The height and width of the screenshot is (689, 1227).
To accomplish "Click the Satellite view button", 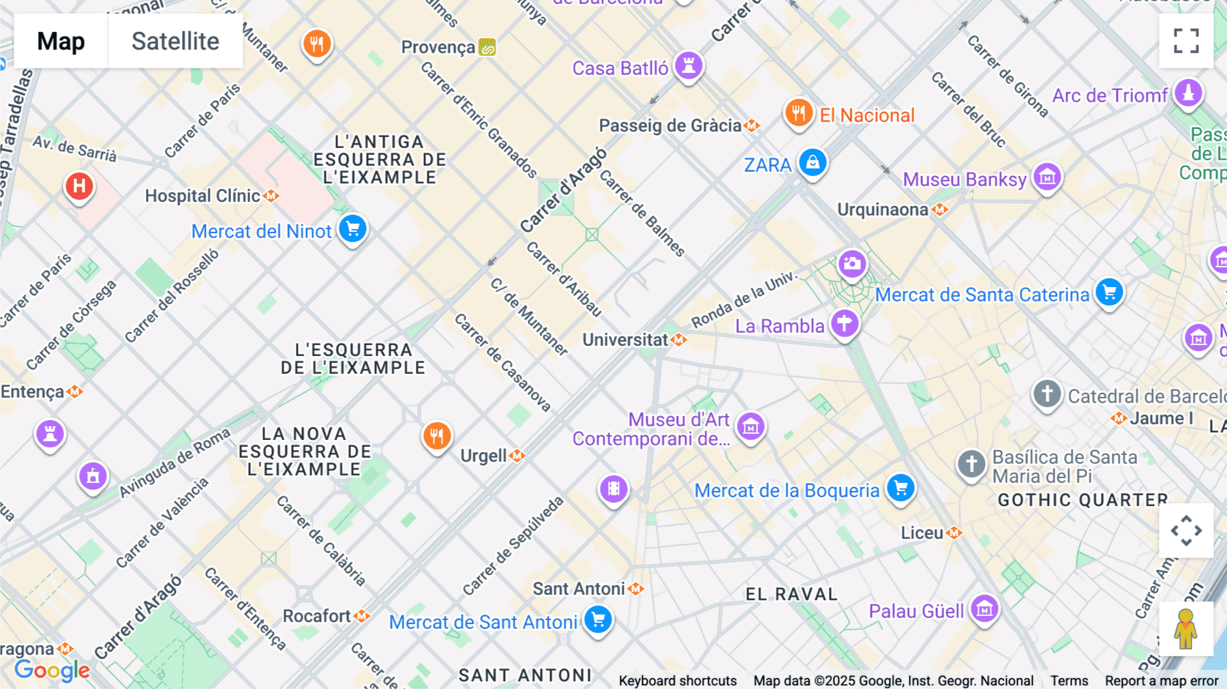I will [x=175, y=42].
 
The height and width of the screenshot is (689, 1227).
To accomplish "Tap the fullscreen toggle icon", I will [x=1186, y=41].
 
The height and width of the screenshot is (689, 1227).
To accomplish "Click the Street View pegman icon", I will [x=1186, y=629].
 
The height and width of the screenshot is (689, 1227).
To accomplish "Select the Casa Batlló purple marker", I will [x=688, y=66].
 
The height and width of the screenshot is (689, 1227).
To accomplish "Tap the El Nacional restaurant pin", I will [x=798, y=113].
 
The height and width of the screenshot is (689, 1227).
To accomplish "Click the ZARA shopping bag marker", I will [x=813, y=163].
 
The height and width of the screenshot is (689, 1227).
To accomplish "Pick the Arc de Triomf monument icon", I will [x=1188, y=93].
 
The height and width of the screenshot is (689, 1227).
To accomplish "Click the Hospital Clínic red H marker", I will [x=79, y=186].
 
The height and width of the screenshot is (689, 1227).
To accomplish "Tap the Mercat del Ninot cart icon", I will [x=352, y=229].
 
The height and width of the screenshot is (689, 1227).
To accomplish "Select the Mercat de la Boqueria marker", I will [x=900, y=488].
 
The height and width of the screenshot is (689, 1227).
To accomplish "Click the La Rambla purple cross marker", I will [x=844, y=323].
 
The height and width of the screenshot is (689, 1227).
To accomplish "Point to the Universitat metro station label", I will [x=625, y=340].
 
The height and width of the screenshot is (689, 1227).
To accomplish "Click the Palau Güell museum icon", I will [x=984, y=609].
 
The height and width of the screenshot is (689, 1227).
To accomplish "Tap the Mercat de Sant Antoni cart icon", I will [x=598, y=620].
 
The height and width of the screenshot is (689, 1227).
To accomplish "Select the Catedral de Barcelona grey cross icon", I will [x=1047, y=394].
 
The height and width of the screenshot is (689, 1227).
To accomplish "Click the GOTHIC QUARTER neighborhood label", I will [x=1082, y=500].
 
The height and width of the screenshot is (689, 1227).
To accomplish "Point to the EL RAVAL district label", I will [x=791, y=594].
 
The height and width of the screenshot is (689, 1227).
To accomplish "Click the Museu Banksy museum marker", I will [x=1047, y=177].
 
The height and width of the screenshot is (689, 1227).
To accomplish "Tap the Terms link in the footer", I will [x=1069, y=681].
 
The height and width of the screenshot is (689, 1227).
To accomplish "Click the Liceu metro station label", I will [x=922, y=533].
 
